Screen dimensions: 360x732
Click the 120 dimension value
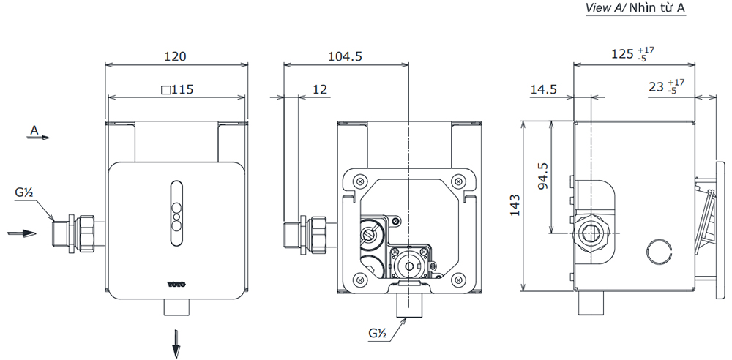tap(175, 56)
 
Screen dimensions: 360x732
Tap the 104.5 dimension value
tap(346, 56)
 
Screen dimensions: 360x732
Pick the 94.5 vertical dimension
tap(542, 176)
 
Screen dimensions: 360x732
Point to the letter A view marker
tap(34, 130)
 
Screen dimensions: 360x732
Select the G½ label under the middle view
tap(378, 334)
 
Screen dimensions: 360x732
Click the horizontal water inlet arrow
tap(21, 233)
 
